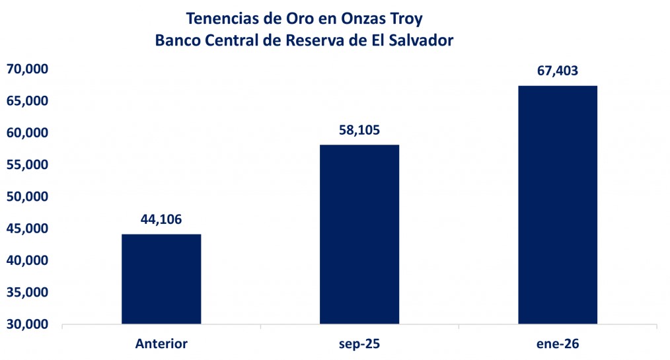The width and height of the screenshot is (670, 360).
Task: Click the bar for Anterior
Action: pyautogui.click(x=161, y=279)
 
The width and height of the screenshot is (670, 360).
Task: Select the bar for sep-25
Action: pyautogui.click(x=359, y=234)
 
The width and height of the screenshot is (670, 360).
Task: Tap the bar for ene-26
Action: pyautogui.click(x=557, y=205)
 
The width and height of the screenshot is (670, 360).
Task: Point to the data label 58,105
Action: pyautogui.click(x=359, y=130)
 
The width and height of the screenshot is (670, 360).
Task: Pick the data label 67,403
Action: pyautogui.click(x=557, y=71)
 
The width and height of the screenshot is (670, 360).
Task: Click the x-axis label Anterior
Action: pyautogui.click(x=161, y=343)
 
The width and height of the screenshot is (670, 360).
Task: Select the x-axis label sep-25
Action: pyautogui.click(x=359, y=343)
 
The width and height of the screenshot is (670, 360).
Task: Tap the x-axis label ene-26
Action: pyautogui.click(x=557, y=343)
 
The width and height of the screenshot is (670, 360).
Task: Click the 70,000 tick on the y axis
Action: pyautogui.click(x=28, y=69)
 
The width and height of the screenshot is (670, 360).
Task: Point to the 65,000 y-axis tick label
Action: pyautogui.click(x=28, y=100)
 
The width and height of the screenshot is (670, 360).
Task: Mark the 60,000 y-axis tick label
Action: pyautogui.click(x=28, y=133)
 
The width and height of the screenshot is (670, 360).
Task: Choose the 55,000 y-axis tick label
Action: pyautogui.click(x=28, y=164)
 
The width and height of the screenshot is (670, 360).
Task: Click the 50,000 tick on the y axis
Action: pyautogui.click(x=28, y=197)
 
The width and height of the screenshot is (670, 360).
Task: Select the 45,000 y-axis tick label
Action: pyautogui.click(x=28, y=229)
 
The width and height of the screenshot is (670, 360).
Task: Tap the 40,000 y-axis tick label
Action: pyautogui.click(x=28, y=261)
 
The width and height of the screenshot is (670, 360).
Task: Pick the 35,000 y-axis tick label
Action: pyautogui.click(x=28, y=293)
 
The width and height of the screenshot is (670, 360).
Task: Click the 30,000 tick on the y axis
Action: pyautogui.click(x=28, y=324)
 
